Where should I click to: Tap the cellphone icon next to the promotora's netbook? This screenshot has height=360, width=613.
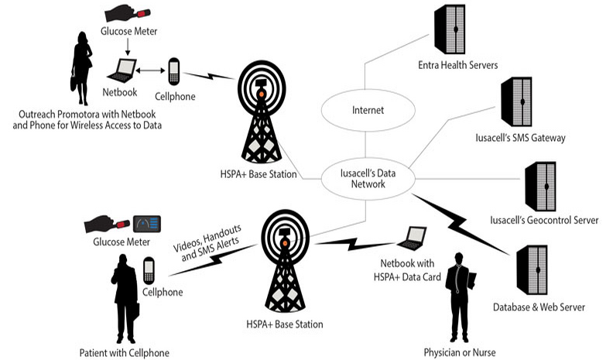[173, 74]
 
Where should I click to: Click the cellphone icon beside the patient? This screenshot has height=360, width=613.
[149, 271]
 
